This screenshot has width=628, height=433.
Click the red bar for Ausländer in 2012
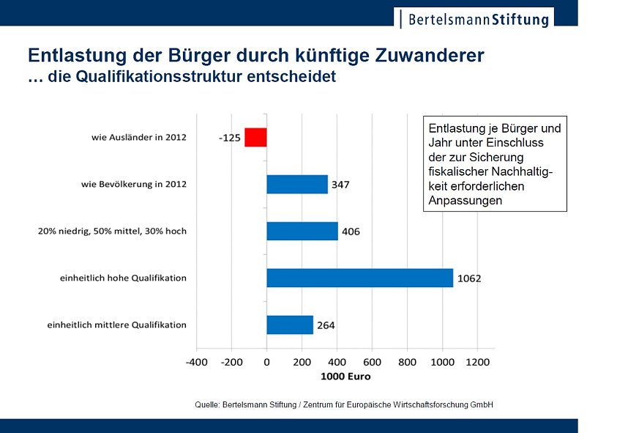[x=255, y=137]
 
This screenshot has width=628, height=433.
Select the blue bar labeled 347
[x=296, y=184]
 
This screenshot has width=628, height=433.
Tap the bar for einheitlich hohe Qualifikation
[x=359, y=278]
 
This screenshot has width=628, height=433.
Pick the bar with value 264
[x=289, y=325]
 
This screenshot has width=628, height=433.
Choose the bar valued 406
[x=302, y=231]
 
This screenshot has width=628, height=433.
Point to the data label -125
[x=230, y=138]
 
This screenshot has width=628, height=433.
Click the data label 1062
[x=469, y=278]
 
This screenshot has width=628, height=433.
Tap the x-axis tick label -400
[x=196, y=362]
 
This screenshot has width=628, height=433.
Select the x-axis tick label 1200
[x=477, y=362]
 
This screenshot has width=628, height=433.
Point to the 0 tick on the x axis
[x=266, y=362]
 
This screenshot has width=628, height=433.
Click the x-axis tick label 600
[x=372, y=362]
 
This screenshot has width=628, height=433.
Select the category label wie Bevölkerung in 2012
[x=134, y=184]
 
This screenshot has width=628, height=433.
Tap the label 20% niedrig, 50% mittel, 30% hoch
[x=112, y=231]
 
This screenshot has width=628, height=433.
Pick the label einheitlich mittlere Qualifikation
[x=117, y=325]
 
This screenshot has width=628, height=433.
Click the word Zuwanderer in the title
[x=422, y=56]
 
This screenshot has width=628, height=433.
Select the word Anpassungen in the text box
[x=466, y=200]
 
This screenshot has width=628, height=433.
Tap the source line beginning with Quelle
[x=344, y=404]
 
